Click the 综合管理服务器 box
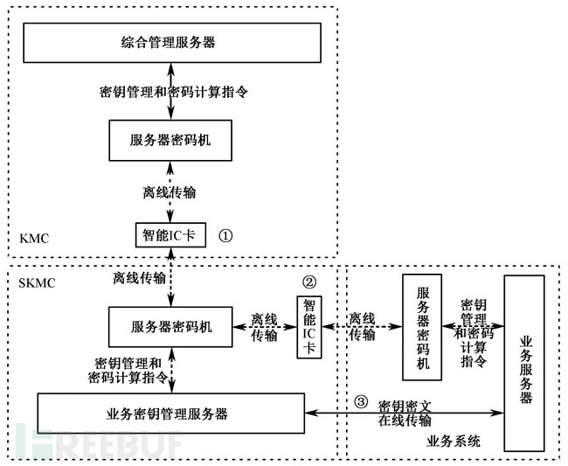pos(172,43)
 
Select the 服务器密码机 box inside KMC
pos(170,141)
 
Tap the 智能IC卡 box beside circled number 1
pos(170,235)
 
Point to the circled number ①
pos(225,236)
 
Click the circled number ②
pos(309,282)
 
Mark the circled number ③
pos(360,401)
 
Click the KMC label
pos(34,239)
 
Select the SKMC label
pos(37,283)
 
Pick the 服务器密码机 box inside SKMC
pos(170,327)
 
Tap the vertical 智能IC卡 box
pos(309,327)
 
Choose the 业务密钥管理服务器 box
pos(171,414)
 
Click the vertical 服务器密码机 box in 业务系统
pos(422,327)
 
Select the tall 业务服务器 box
pos(524,363)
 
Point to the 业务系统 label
pos(454,442)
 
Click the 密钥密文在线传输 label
pos(405,414)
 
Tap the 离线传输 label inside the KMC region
pos(170,192)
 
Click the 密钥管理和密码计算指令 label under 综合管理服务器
pos(174,92)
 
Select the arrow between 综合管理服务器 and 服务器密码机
pos(171,91)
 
